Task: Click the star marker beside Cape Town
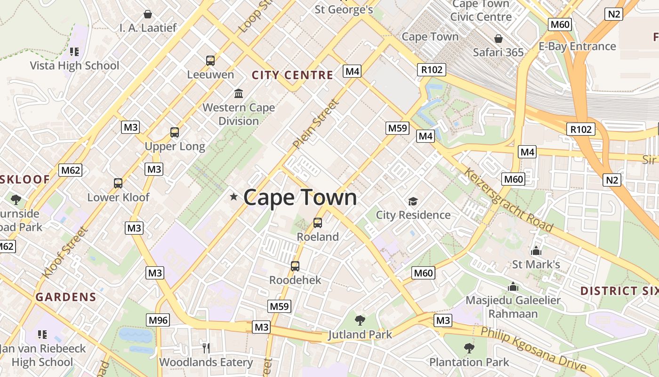click(233, 197)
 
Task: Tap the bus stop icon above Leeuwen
click(210, 60)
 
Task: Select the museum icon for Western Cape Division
click(239, 93)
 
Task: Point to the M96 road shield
click(158, 320)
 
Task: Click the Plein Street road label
click(315, 124)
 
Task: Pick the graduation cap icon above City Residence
click(413, 202)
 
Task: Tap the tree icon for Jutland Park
click(360, 320)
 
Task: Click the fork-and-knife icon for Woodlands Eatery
click(206, 348)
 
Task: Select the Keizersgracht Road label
click(508, 200)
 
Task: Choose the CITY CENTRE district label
click(292, 75)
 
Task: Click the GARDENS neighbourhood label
click(66, 297)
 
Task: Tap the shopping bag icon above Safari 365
click(498, 39)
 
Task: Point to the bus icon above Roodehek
click(295, 266)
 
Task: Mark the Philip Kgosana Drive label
click(533, 349)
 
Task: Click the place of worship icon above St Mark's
click(536, 251)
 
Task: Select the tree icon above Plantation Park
click(469, 348)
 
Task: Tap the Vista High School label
click(74, 66)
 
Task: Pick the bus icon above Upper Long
click(175, 132)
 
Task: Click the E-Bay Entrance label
click(577, 46)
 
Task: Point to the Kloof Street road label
click(65, 252)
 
